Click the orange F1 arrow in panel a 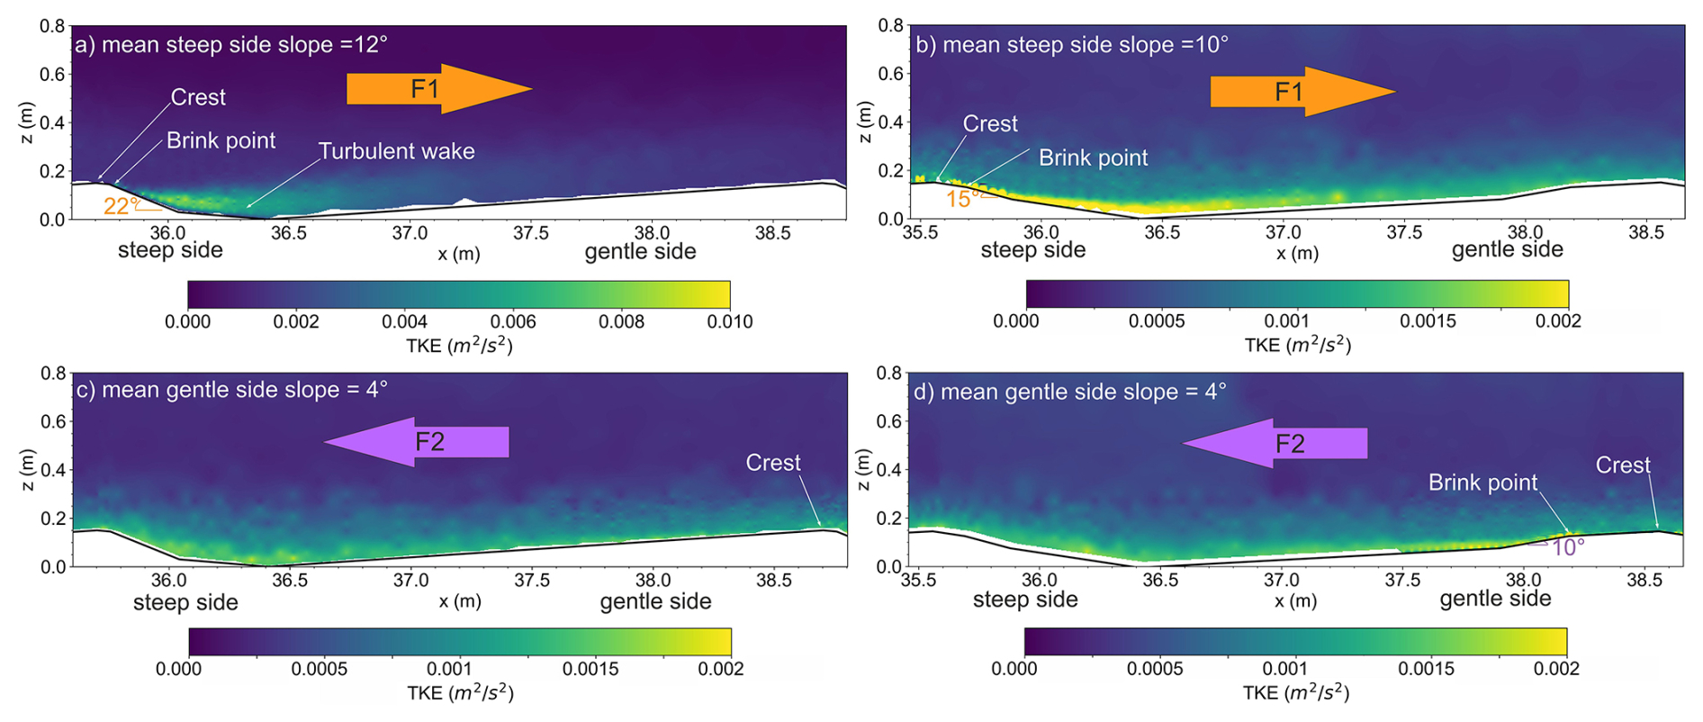tap(438, 89)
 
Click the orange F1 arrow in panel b tap(1302, 92)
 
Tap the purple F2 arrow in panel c tap(417, 442)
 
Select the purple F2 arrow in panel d tap(1275, 444)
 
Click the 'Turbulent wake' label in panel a tap(396, 151)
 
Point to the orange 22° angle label tap(121, 206)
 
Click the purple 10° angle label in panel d tap(1567, 547)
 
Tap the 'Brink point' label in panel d tap(1482, 483)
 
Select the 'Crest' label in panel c tap(772, 463)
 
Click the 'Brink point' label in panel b tap(1093, 158)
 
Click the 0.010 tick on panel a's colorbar tap(729, 321)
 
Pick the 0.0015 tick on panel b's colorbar tap(1427, 321)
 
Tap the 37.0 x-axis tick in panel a tap(410, 233)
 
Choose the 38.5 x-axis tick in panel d tap(1644, 581)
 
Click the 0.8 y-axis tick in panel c tap(55, 373)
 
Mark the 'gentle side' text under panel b tap(1507, 250)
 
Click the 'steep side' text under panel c tap(185, 602)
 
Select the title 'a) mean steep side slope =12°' tap(230, 45)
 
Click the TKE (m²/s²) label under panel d tap(1295, 692)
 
